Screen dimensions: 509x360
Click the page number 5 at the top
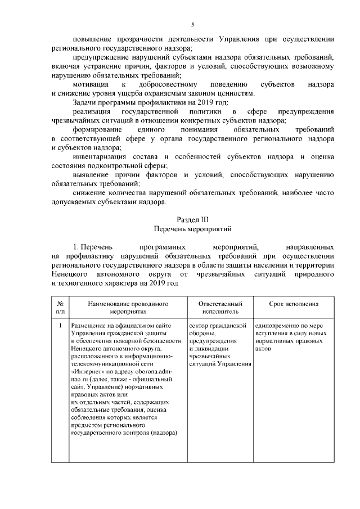coord(193,25)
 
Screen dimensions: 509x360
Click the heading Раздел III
coord(193,219)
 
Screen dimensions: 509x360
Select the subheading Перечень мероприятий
coord(193,229)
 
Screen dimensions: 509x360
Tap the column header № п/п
coord(60,307)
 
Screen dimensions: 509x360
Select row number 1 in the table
coord(60,325)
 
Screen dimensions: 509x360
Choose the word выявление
coord(92,175)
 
